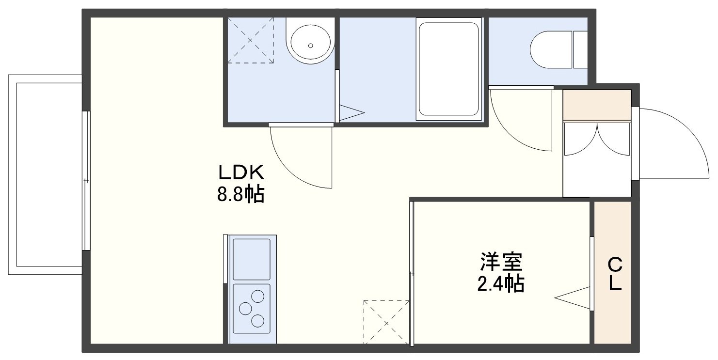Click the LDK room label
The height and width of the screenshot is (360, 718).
pyautogui.click(x=241, y=172)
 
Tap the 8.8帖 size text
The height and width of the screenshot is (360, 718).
pyautogui.click(x=241, y=194)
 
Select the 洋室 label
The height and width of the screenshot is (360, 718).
pyautogui.click(x=501, y=262)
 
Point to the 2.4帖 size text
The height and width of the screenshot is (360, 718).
pyautogui.click(x=501, y=284)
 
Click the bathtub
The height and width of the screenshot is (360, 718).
pyautogui.click(x=449, y=69)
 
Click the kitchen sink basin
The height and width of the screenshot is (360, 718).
pyautogui.click(x=251, y=259)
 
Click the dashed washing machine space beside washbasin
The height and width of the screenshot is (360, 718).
pyautogui.click(x=250, y=40)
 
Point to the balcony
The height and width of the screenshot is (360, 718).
pyautogui.click(x=45, y=174)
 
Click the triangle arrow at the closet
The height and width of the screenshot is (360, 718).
pyautogui.click(x=573, y=298)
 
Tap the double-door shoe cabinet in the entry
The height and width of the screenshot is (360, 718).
pyautogui.click(x=597, y=139)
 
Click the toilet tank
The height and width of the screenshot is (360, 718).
pyautogui.click(x=580, y=49)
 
